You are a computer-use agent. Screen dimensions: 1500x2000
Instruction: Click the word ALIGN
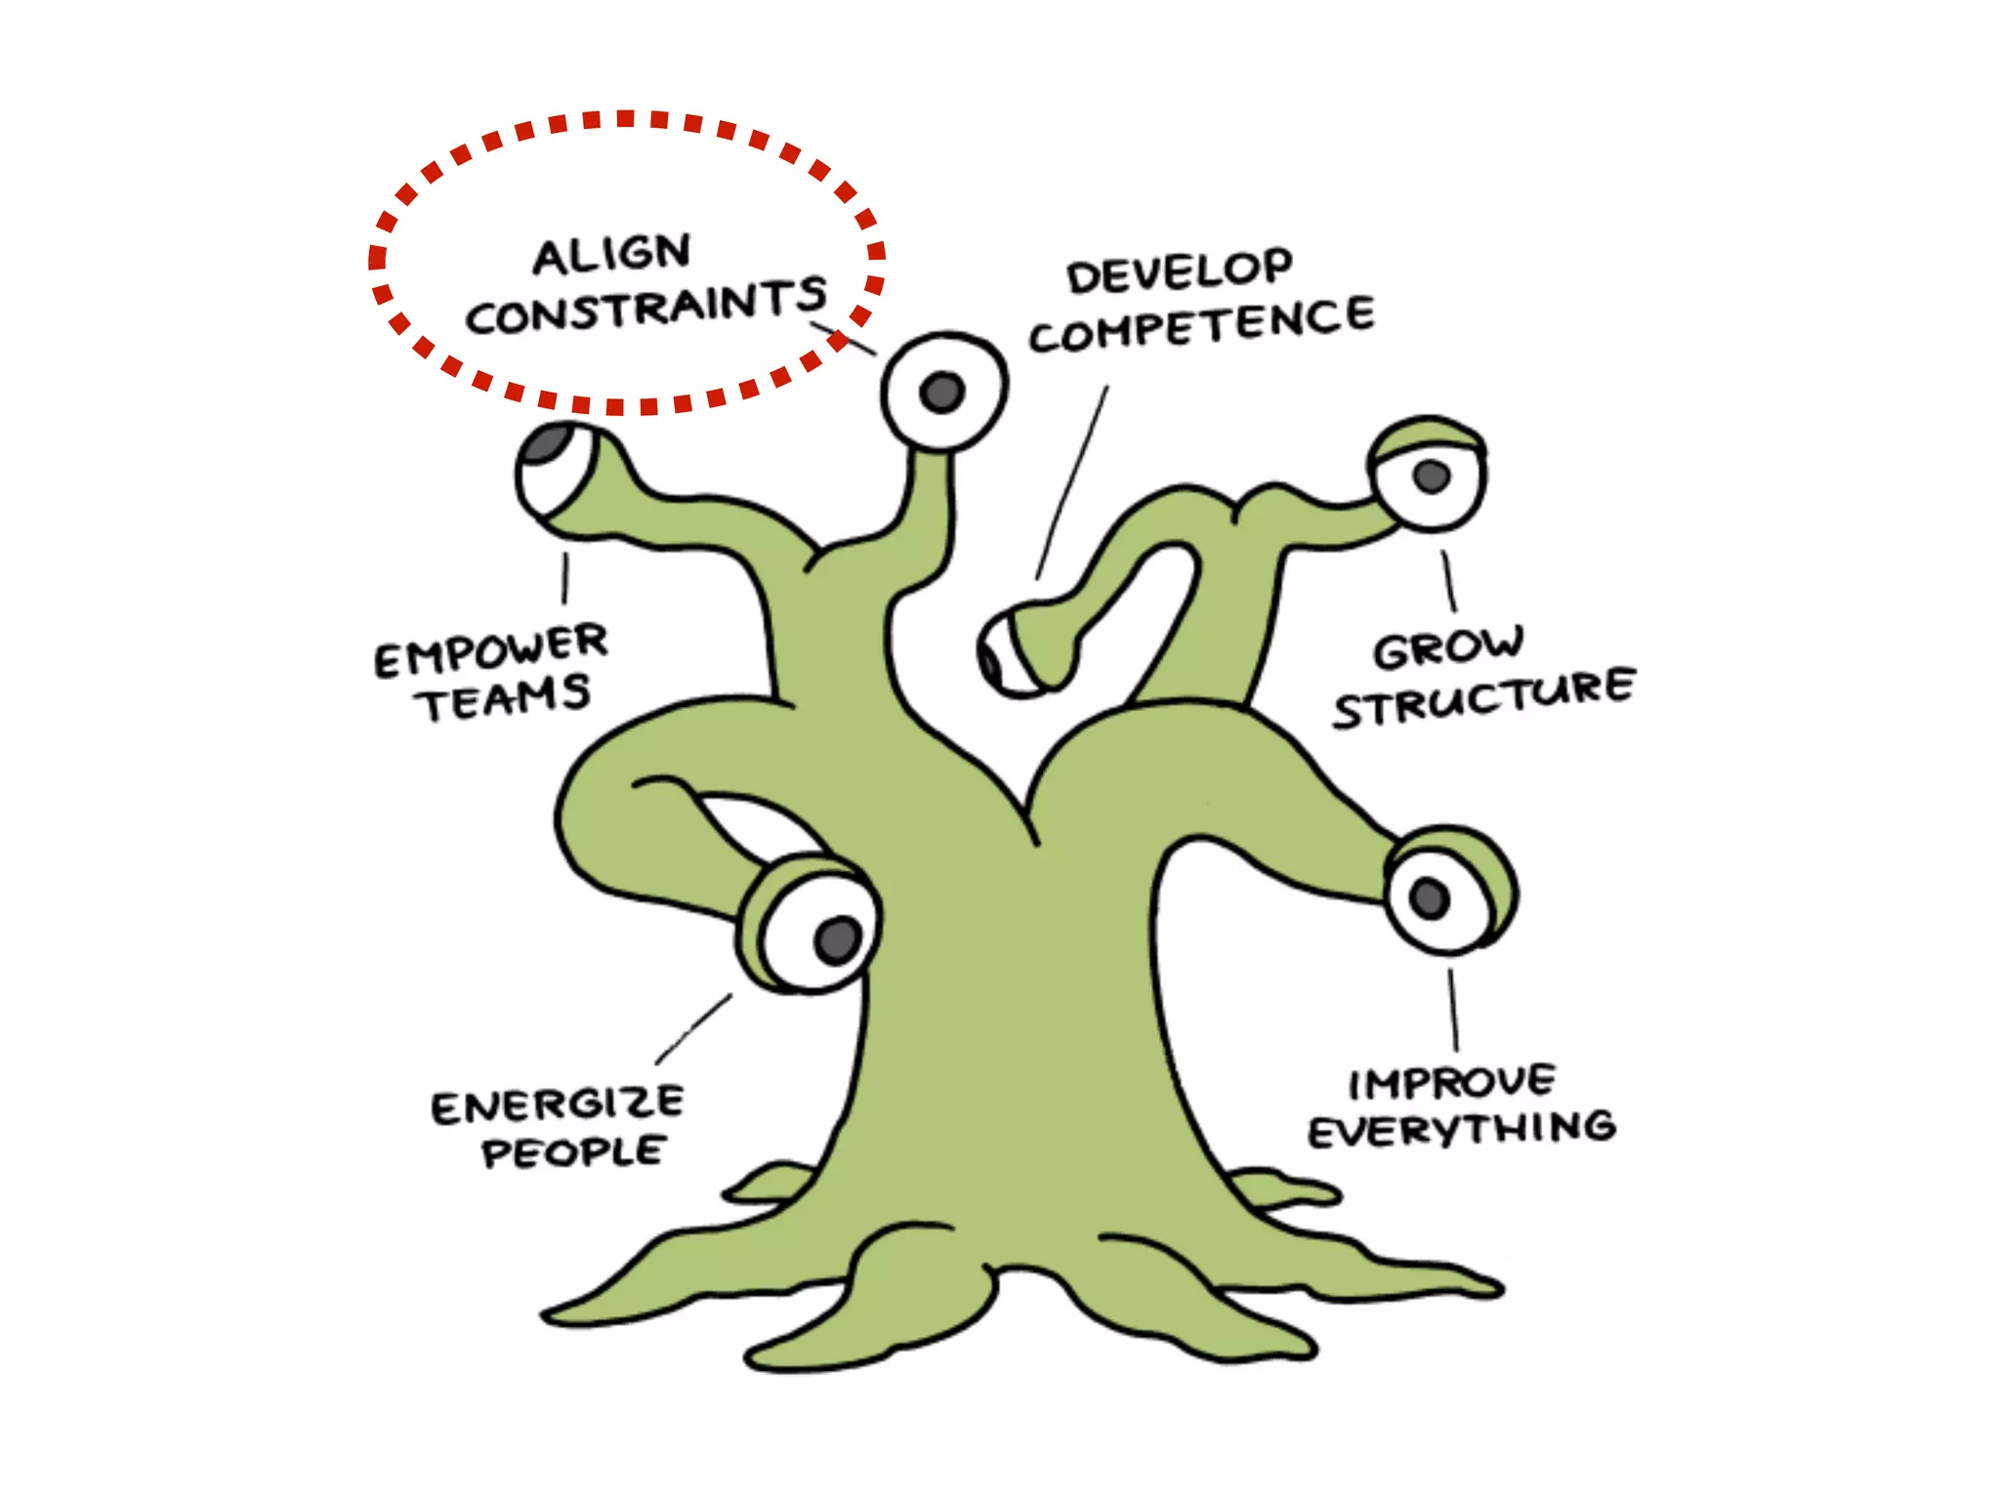[612, 255]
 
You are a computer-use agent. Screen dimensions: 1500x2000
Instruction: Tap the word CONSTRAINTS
[646, 306]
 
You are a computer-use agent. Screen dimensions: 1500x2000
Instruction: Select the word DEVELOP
[1179, 271]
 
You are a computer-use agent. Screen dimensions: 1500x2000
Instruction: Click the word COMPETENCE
[1201, 325]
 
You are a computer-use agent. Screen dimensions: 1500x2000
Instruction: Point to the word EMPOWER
[491, 649]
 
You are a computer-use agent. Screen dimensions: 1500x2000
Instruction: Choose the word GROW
[1447, 647]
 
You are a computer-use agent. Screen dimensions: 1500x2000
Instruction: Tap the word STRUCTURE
[1483, 697]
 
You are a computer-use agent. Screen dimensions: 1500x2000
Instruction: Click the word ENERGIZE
[558, 1104]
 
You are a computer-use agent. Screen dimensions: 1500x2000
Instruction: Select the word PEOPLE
[573, 1152]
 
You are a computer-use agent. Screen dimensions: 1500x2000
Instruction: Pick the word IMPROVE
[1451, 1082]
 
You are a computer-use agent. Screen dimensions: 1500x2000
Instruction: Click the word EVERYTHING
[1462, 1131]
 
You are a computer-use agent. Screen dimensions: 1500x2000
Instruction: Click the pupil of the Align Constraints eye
[942, 393]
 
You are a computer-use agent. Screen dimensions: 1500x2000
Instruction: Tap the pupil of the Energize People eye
[838, 939]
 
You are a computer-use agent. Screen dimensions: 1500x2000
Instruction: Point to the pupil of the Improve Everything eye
[1430, 897]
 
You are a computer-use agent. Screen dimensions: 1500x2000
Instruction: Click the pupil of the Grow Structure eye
[1432, 477]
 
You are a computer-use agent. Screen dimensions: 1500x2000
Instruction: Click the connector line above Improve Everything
[1453, 1010]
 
